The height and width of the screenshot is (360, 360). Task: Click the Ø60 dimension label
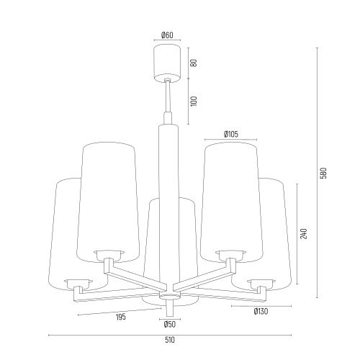pyautogui.click(x=167, y=35)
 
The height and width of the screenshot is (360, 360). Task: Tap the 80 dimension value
pyautogui.click(x=194, y=63)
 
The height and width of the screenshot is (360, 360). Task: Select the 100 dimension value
pyautogui.click(x=194, y=101)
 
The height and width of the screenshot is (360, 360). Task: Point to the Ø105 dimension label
pyautogui.click(x=231, y=134)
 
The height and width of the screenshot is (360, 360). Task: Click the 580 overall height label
pyautogui.click(x=324, y=173)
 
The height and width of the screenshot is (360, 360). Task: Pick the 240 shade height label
pyautogui.click(x=304, y=233)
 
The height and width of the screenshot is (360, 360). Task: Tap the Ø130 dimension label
pyautogui.click(x=261, y=312)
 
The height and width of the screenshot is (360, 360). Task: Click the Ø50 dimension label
pyautogui.click(x=170, y=324)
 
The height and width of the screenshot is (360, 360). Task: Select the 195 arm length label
pyautogui.click(x=121, y=317)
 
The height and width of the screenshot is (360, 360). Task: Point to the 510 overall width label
pyautogui.click(x=170, y=340)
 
